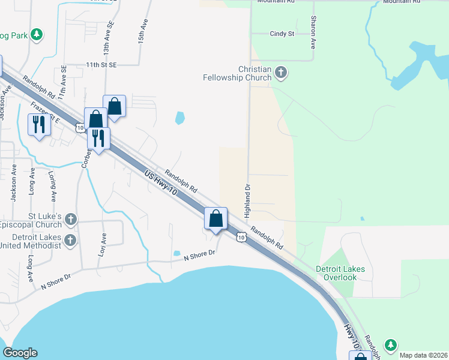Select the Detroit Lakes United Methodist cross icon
pos(71,241)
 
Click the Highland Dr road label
pos(246,201)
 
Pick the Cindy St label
pos(282,34)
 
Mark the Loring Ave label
pos(52,186)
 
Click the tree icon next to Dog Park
pos(37,34)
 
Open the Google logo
pos(20,353)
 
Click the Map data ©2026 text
pos(423,355)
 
